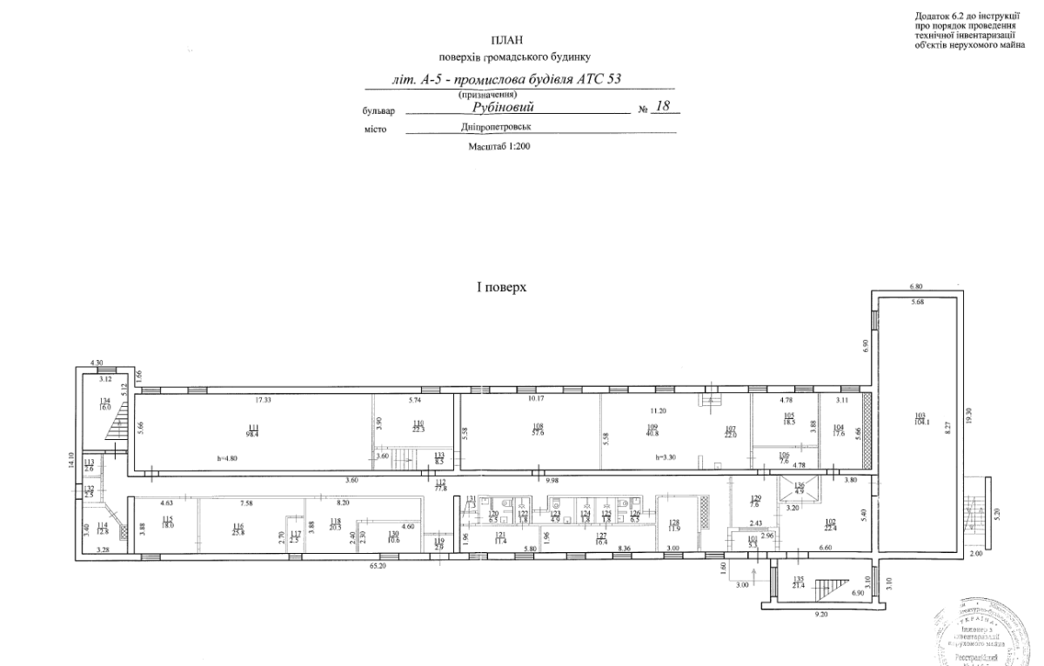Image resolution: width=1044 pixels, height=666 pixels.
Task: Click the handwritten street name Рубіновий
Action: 505,107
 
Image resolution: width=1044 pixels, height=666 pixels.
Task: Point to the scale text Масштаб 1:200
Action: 499,147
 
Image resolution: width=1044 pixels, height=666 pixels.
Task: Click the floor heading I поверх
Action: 501,286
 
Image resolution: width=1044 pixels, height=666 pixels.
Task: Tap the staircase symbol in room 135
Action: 836,589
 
